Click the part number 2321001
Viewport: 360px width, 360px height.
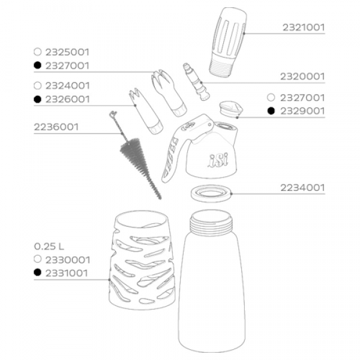click(x=304, y=28)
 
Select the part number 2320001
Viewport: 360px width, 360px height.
click(x=302, y=76)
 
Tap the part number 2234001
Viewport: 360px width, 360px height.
click(x=302, y=188)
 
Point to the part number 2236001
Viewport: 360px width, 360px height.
click(x=56, y=127)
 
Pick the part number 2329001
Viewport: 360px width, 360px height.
click(x=302, y=112)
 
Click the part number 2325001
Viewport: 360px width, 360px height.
click(x=67, y=52)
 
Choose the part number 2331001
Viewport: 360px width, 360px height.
click(x=67, y=273)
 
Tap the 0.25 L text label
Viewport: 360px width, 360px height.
click(x=49, y=247)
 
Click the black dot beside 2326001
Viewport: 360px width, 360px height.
click(x=37, y=99)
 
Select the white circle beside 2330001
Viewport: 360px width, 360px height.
click(x=37, y=259)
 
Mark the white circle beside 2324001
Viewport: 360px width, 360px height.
click(x=37, y=86)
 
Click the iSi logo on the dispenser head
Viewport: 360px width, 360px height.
click(x=218, y=160)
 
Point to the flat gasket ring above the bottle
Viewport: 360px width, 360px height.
click(x=211, y=193)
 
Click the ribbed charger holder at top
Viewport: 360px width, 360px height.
click(x=228, y=42)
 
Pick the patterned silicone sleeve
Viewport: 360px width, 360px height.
click(x=142, y=260)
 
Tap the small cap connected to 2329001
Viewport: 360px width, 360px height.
click(x=231, y=109)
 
